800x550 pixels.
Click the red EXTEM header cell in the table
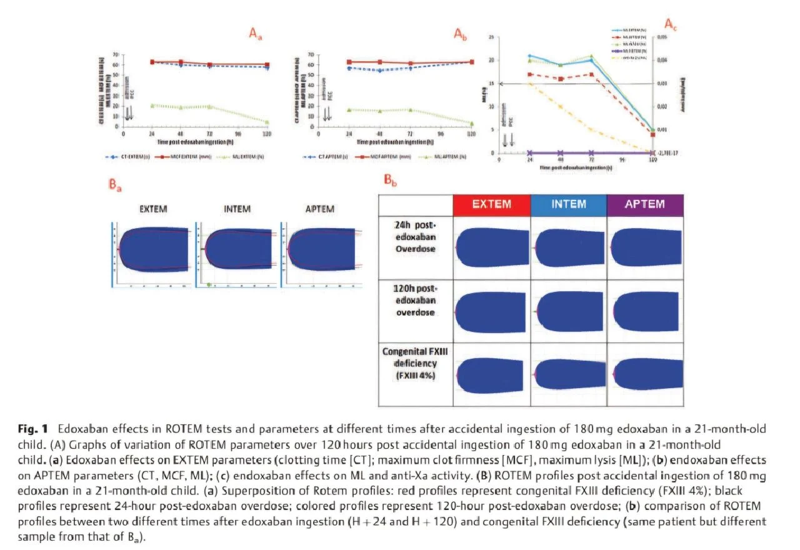(492, 204)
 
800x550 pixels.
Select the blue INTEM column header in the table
(569, 204)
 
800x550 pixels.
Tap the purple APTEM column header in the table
(644, 204)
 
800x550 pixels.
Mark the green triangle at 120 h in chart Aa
(267, 122)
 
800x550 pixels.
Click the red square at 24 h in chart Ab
(349, 62)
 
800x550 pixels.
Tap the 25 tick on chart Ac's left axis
(492, 37)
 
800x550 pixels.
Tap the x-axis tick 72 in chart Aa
(210, 134)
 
